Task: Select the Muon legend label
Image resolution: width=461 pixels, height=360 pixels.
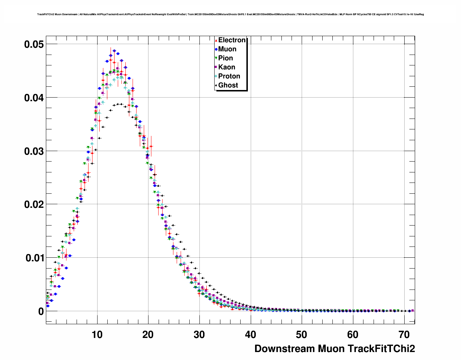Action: point(227,49)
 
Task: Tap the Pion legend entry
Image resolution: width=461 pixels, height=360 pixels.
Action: point(225,58)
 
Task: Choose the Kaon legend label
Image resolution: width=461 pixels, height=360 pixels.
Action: point(227,67)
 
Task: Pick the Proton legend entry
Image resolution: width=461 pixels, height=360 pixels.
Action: point(229,76)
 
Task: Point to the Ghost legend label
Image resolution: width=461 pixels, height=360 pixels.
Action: point(228,85)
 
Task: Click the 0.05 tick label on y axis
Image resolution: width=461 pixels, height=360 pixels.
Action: point(34,44)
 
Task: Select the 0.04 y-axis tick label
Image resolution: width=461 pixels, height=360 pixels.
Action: point(34,98)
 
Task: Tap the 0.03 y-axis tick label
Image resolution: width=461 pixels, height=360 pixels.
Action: point(34,151)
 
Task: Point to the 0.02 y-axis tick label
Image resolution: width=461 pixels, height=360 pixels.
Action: point(34,205)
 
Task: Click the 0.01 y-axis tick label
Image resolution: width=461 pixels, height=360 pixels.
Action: point(34,258)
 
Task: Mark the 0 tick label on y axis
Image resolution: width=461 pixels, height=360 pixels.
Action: point(41,312)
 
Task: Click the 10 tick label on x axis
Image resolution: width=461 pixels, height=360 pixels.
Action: point(97,335)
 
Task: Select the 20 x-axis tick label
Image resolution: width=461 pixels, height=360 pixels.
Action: point(148,335)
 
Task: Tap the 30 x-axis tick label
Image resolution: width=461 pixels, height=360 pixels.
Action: point(199,335)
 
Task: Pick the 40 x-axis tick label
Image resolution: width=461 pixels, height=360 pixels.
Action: point(251,335)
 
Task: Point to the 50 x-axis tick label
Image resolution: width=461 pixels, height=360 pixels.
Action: point(302,335)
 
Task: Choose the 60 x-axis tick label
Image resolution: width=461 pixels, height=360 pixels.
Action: point(353,335)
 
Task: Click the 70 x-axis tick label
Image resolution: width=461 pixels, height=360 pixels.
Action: point(404,335)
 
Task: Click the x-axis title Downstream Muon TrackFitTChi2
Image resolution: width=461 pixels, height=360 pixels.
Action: point(335,349)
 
